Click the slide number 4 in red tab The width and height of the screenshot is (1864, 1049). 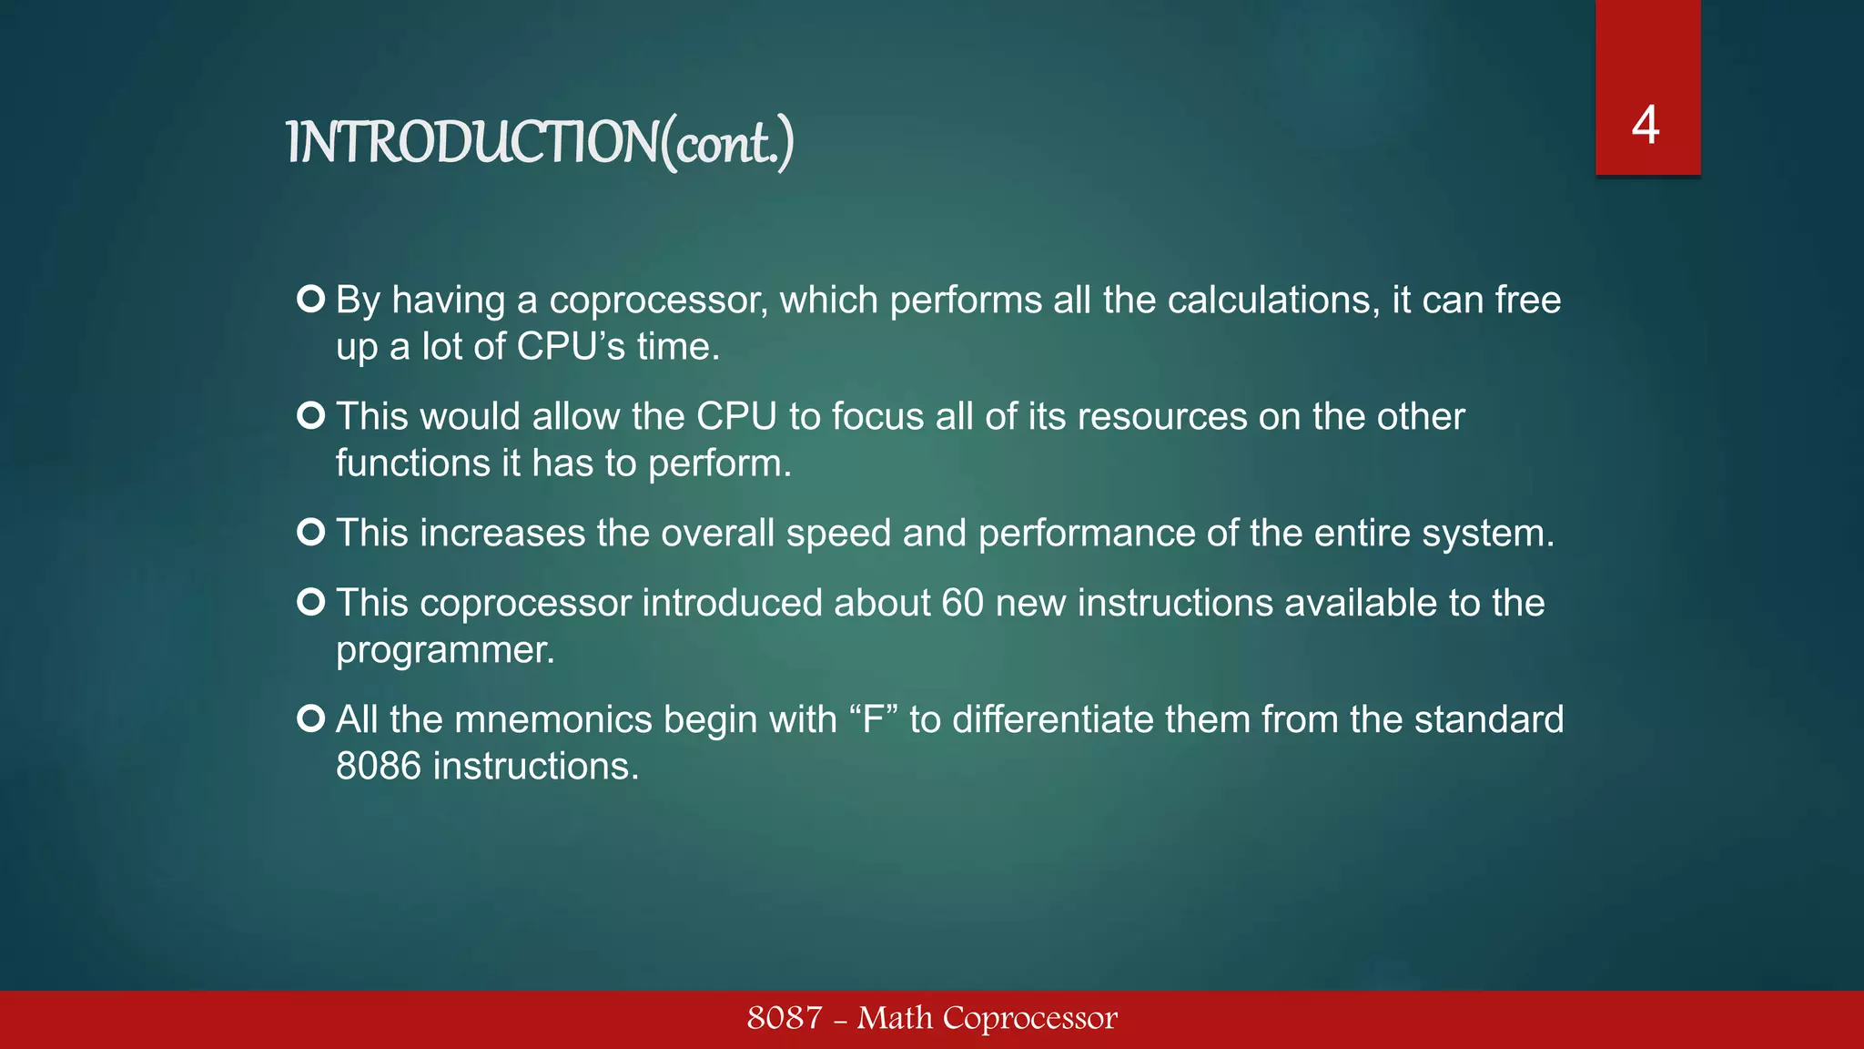[1646, 126]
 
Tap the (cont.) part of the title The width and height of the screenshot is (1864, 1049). [728, 144]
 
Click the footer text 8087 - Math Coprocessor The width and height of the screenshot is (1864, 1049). [932, 1018]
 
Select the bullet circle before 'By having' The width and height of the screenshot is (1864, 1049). [311, 300]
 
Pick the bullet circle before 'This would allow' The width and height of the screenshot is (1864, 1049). [311, 416]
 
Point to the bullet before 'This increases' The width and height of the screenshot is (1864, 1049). [311, 533]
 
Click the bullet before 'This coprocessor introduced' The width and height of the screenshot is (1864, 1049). [311, 603]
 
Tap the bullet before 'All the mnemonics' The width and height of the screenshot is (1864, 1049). [311, 719]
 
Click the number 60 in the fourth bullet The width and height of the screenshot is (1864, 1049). [962, 604]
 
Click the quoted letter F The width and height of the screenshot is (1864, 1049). [874, 720]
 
